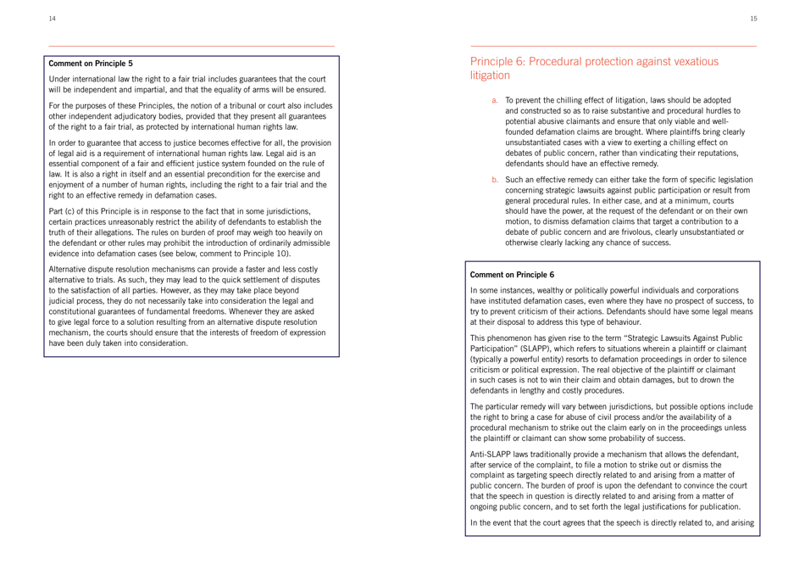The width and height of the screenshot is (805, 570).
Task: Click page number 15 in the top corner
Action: [788, 16]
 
